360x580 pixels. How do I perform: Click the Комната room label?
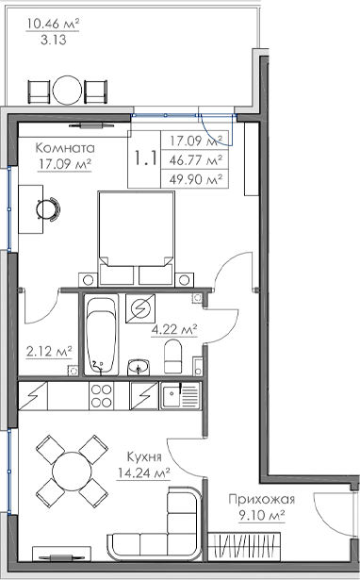[65, 148]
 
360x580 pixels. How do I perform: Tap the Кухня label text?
[144, 456]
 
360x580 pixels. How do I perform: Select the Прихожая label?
[262, 499]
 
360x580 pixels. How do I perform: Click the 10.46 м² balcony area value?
[53, 24]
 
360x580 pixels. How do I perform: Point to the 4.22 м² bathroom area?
[174, 329]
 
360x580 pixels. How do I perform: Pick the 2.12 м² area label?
[49, 351]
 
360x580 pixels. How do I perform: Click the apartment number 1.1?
[146, 158]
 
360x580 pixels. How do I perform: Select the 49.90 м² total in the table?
[196, 180]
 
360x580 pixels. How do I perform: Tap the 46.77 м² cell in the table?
[196, 160]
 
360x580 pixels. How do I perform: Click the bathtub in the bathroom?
[101, 335]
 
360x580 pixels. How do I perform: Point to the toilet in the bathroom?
[173, 356]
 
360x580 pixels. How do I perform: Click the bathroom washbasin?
[139, 367]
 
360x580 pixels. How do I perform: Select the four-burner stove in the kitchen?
[101, 396]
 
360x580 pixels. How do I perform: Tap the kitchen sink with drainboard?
[180, 396]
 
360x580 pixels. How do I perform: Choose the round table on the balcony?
[67, 91]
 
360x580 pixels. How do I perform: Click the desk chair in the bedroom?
[48, 209]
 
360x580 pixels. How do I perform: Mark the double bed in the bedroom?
[136, 239]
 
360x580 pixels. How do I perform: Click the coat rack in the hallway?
[244, 547]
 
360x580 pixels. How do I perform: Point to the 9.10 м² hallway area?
[262, 515]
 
